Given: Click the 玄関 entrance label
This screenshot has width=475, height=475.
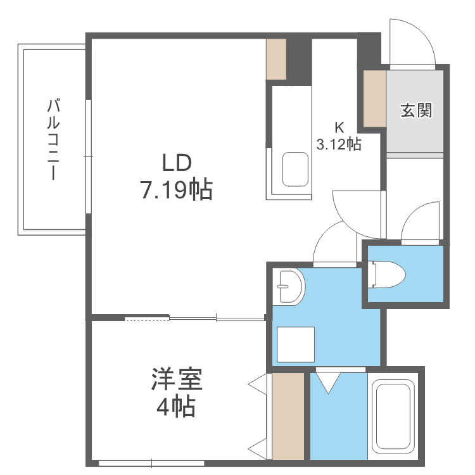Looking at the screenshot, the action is pos(416,110).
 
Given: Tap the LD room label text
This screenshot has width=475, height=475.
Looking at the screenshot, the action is pos(177,163).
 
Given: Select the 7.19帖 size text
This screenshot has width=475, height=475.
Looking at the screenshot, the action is pos(177,190).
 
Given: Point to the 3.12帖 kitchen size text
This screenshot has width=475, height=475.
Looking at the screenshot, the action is pos(339,144).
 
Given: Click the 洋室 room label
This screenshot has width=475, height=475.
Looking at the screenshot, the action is pos(177,379).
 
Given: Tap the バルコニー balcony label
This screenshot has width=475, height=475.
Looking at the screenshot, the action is pos(53,139).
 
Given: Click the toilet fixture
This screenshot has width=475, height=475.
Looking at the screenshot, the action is pos(387,274).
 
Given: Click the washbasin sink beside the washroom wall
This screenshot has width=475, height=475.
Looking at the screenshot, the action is pos(289,286).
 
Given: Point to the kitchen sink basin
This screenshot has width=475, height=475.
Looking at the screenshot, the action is pos(295,169).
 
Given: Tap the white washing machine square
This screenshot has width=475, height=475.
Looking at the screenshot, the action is pos(296,345).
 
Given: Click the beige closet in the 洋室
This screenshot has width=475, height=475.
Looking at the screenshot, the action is pos(288,416).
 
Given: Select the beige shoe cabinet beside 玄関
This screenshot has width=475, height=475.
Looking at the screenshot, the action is pos(374,98).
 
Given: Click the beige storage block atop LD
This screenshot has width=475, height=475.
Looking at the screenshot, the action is pos(276,60).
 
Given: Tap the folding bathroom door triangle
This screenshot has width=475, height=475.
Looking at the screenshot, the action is pos(328,383).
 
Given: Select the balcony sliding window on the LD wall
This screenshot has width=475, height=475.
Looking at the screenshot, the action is pos(88,156).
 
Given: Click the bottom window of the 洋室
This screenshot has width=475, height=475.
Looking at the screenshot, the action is pos(151,463).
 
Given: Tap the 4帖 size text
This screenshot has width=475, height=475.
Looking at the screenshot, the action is pos(176,407).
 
